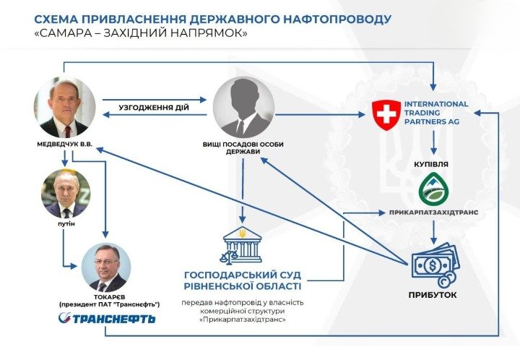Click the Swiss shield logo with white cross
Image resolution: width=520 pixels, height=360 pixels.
click(x=386, y=115)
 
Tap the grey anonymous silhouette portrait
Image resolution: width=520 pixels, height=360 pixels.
click(x=244, y=108)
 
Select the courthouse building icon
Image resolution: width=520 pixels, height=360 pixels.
click(x=242, y=246)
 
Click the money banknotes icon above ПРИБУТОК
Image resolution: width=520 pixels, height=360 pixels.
click(x=435, y=265)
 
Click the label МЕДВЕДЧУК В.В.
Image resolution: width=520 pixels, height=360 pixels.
click(x=65, y=145)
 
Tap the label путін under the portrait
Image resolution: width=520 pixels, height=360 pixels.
click(x=66, y=223)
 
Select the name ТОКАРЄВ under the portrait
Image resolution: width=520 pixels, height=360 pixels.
click(x=110, y=297)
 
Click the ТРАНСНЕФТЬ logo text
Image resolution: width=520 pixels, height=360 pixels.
click(x=107, y=319)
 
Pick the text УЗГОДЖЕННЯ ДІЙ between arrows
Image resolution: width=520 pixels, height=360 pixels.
click(x=154, y=108)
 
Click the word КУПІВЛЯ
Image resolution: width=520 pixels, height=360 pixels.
click(x=431, y=164)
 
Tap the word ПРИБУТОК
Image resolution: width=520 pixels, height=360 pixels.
click(x=433, y=295)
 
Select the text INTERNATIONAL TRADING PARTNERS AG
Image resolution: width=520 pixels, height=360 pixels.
click(x=435, y=113)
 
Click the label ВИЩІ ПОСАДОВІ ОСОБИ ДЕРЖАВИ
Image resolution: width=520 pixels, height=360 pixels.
click(x=243, y=148)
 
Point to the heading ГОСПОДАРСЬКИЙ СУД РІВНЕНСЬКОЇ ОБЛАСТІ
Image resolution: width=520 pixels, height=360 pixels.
click(x=243, y=280)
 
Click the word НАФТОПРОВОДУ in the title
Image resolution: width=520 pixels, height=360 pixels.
click(x=337, y=19)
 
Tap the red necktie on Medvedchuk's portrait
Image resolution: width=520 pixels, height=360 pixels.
click(x=68, y=132)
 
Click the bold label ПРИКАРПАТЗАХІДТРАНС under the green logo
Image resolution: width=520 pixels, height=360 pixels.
click(x=434, y=212)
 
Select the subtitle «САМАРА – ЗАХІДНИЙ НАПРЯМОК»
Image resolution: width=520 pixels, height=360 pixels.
click(x=141, y=33)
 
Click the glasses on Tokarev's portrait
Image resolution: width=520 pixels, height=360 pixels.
click(x=106, y=262)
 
